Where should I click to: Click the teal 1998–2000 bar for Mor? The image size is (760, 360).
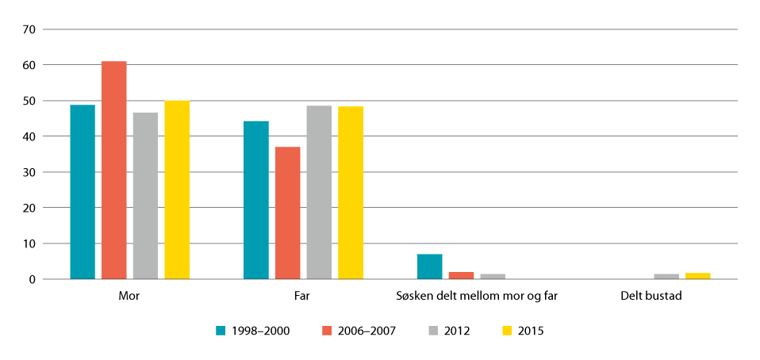(x=83, y=192)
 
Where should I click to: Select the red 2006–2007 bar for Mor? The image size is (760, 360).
(x=113, y=170)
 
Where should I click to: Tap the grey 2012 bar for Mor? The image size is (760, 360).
(x=145, y=196)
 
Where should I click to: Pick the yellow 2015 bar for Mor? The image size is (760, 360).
(x=177, y=190)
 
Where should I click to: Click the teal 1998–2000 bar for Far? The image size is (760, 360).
(x=256, y=200)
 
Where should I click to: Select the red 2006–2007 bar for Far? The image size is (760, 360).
(x=287, y=213)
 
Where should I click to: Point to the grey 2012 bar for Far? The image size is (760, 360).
(x=319, y=193)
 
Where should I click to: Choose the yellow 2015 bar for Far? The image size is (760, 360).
(x=351, y=193)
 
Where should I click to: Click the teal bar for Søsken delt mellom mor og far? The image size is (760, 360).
(x=429, y=266)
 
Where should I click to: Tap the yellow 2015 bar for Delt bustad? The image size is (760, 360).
(x=697, y=276)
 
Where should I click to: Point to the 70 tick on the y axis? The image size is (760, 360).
(x=31, y=29)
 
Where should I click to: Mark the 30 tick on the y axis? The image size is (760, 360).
(x=31, y=172)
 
